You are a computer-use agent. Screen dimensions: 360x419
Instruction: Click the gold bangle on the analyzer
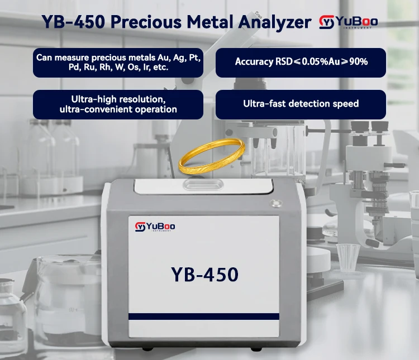point(211,158)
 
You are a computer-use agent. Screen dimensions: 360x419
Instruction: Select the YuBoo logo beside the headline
point(348,22)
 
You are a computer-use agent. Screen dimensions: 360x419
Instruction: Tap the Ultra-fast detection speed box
point(301,104)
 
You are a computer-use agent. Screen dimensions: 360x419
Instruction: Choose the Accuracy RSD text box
point(301,62)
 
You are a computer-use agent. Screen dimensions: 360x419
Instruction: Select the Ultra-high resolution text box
point(118,104)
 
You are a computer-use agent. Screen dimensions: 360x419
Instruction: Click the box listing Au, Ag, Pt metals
point(118,62)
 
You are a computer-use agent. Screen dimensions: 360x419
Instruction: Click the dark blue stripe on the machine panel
point(204,316)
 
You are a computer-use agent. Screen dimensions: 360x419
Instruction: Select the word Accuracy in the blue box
point(253,62)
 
